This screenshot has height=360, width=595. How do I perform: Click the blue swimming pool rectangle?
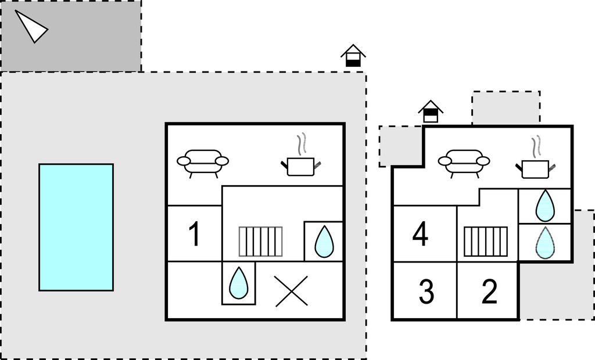pos(76,227)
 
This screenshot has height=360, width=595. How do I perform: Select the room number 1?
pos(195,235)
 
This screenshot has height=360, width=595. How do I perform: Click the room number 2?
pos(489,292)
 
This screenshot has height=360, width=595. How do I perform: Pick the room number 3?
pos(426,292)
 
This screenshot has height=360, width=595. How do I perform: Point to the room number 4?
pos(420,235)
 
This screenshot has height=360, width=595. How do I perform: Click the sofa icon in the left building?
pos(203,163)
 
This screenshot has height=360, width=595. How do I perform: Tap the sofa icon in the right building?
pos(464,162)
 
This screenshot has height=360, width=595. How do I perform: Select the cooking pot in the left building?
pos(300,163)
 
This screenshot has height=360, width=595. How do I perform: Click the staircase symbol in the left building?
pos(261,242)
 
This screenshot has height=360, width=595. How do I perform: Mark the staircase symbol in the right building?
pos(485,242)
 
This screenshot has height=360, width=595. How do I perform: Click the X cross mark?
pos(291,291)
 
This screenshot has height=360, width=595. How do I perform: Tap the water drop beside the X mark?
pos(238,283)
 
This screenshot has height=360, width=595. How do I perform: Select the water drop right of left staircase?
pos(323,242)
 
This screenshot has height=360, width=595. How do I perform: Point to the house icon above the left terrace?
pos(353,56)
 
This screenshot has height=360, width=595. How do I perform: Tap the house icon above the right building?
pos(431,111)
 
